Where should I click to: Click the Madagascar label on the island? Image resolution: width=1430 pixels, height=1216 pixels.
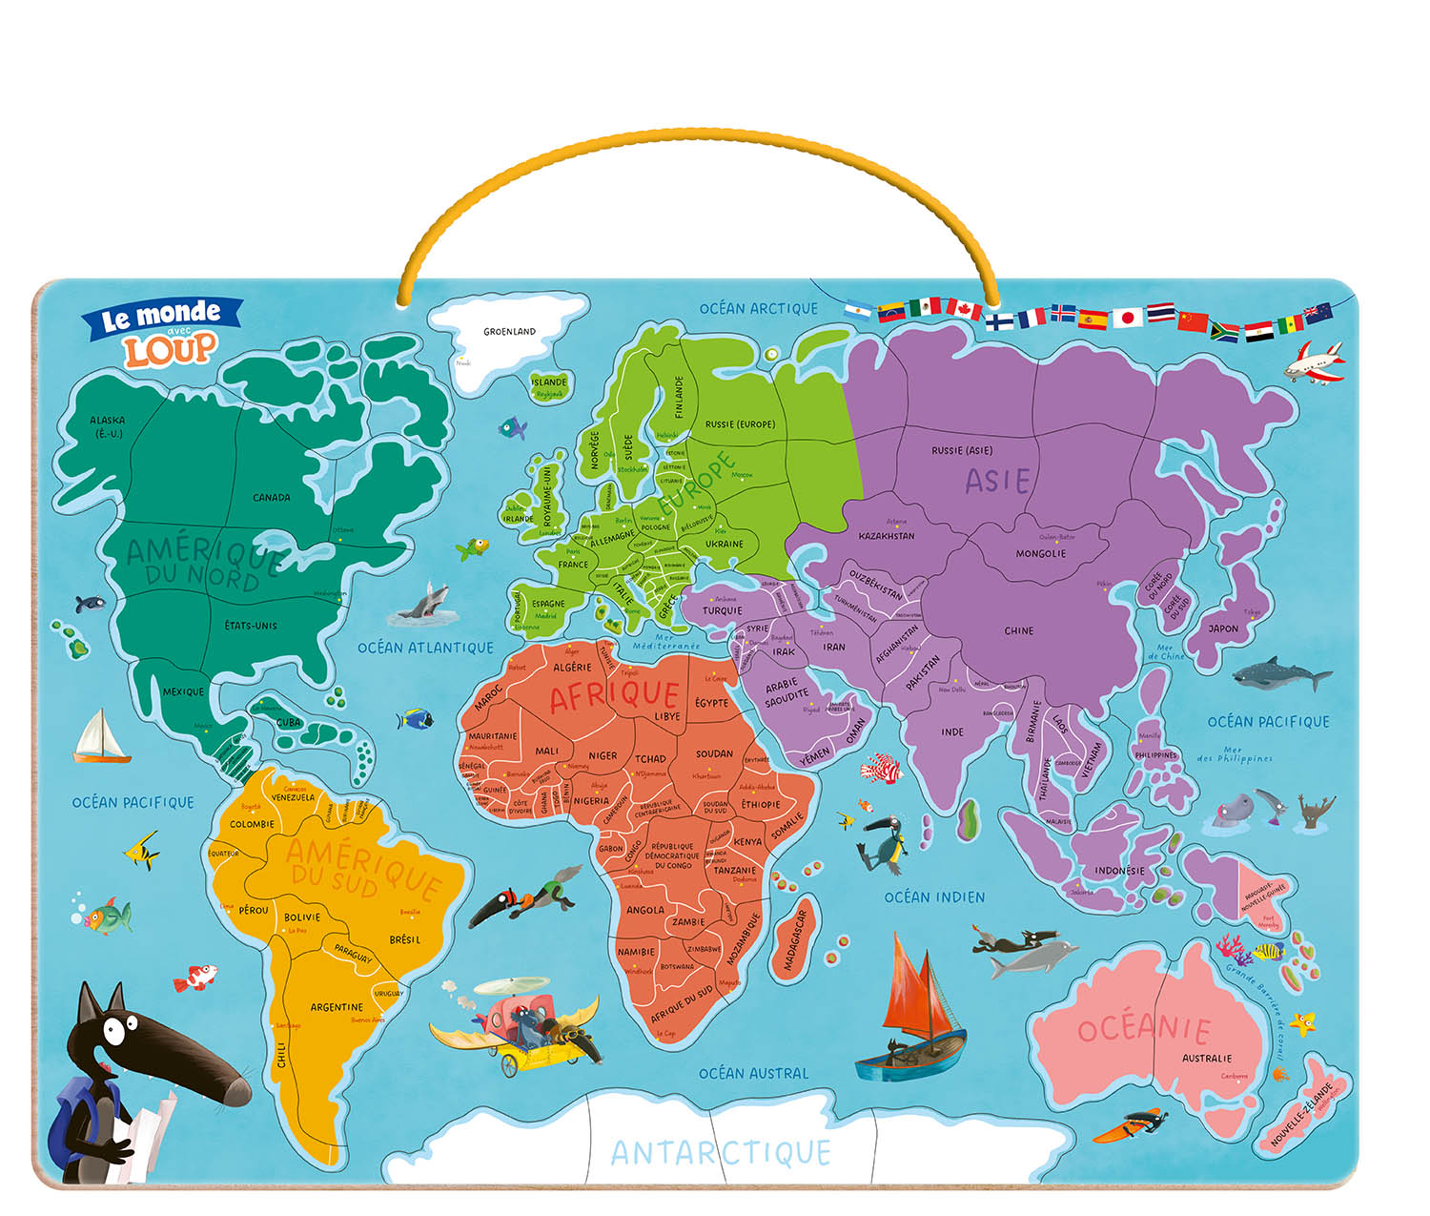tap(795, 940)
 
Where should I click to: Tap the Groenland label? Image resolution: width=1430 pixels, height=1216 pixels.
tap(509, 332)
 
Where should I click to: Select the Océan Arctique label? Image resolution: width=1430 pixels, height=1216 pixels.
tap(758, 308)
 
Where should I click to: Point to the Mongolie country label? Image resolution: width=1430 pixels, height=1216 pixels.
tap(1040, 553)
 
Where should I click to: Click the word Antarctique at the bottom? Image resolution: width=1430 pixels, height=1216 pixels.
tap(721, 1153)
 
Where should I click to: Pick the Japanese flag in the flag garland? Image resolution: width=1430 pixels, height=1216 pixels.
tap(1128, 318)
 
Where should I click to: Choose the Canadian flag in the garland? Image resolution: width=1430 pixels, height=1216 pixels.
tap(963, 309)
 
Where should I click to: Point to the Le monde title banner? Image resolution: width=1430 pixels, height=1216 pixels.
tap(161, 316)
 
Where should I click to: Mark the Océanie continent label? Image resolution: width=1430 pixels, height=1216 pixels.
tap(1144, 1029)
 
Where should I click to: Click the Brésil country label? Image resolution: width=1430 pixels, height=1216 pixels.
tap(404, 939)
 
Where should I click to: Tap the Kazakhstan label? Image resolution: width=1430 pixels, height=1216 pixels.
tap(886, 536)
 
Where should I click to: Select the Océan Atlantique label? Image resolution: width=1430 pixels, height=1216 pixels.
tap(425, 648)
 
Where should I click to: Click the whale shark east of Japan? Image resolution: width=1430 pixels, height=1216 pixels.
tap(1278, 675)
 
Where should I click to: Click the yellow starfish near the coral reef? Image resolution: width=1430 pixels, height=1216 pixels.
tap(1301, 1023)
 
